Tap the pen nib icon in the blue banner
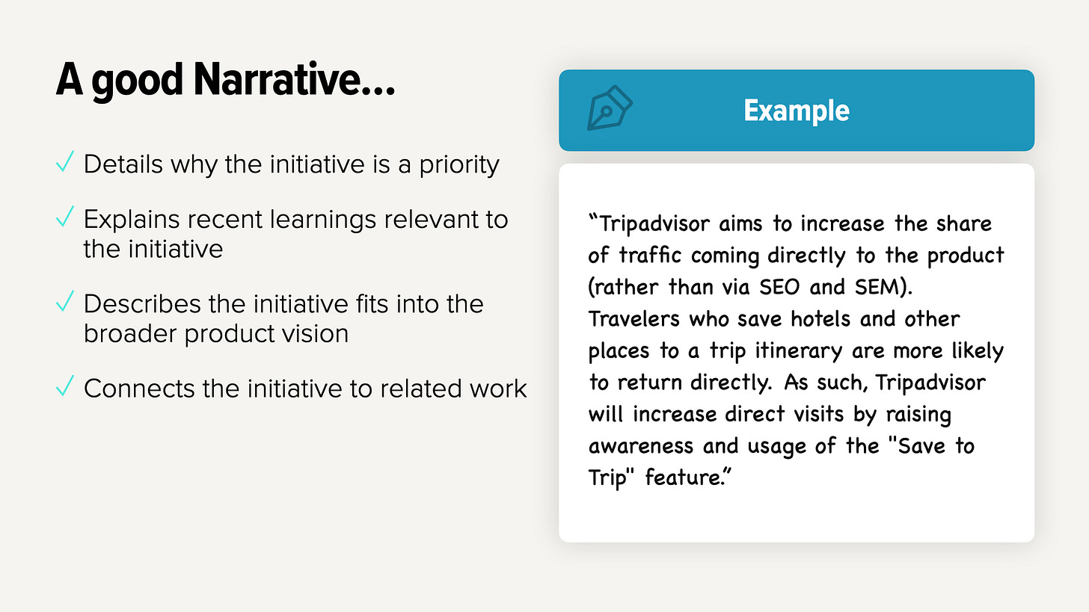[609, 111]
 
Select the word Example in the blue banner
[796, 111]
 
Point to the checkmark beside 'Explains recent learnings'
[65, 217]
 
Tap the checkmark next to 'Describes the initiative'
[65, 302]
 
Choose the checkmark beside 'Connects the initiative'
[65, 386]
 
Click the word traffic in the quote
[651, 256]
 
